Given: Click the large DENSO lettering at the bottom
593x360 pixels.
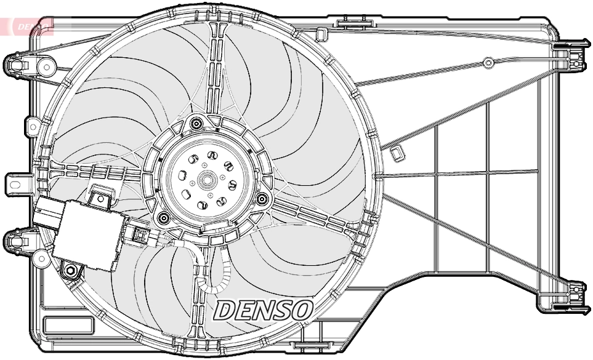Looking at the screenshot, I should coord(264,310).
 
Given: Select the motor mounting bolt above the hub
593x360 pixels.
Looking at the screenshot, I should coord(196,124).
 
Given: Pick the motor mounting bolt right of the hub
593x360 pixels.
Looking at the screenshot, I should coord(262,199).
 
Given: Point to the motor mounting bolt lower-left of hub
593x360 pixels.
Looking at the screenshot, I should coord(163,217).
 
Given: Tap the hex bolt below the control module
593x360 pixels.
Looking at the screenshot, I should coord(71,270).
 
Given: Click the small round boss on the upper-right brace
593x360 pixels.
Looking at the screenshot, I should coord(488,62).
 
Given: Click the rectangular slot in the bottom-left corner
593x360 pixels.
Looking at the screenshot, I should coord(68,324).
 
